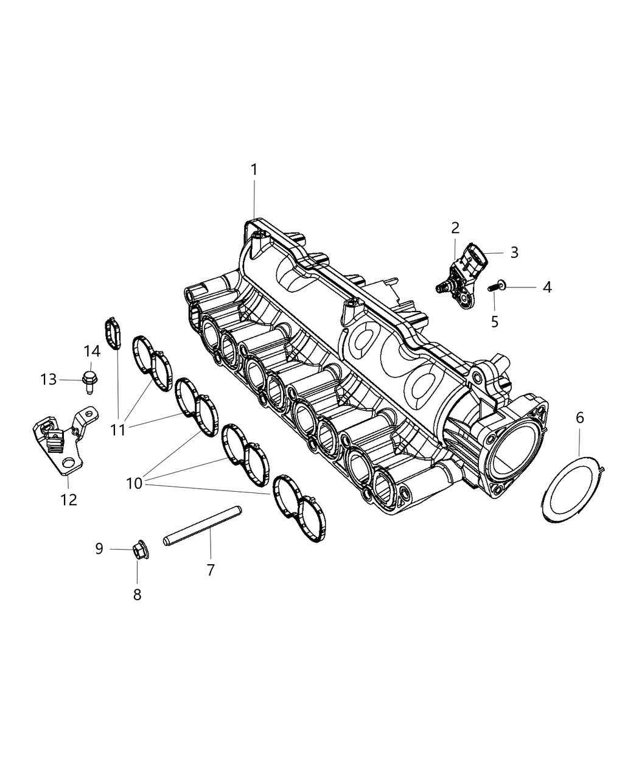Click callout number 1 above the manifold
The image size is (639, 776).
[x=254, y=170]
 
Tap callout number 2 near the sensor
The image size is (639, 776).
[x=455, y=228]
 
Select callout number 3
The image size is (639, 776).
[x=514, y=252]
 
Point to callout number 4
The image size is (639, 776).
[x=547, y=287]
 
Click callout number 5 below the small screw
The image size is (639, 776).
[x=494, y=321]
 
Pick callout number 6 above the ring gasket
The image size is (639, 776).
[x=579, y=418]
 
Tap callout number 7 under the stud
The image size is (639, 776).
[x=211, y=570]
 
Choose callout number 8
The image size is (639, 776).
[x=137, y=595]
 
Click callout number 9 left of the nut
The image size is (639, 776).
[x=99, y=549]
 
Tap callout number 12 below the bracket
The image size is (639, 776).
[x=69, y=500]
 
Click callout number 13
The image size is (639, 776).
[x=49, y=379]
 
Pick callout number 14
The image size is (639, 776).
[x=91, y=351]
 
